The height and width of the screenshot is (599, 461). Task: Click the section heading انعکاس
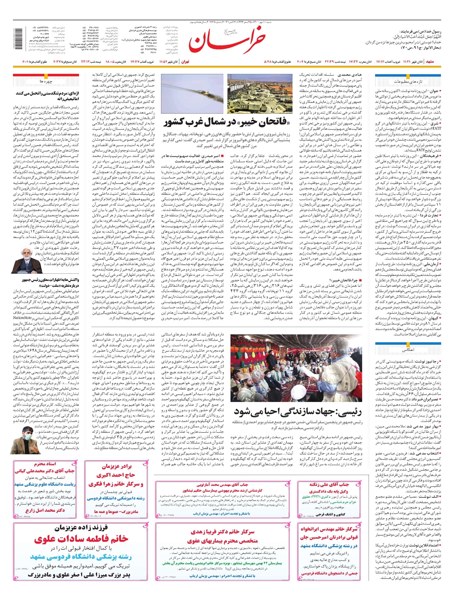[x=408, y=350]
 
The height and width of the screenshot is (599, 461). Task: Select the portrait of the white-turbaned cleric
[x=23, y=260]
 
